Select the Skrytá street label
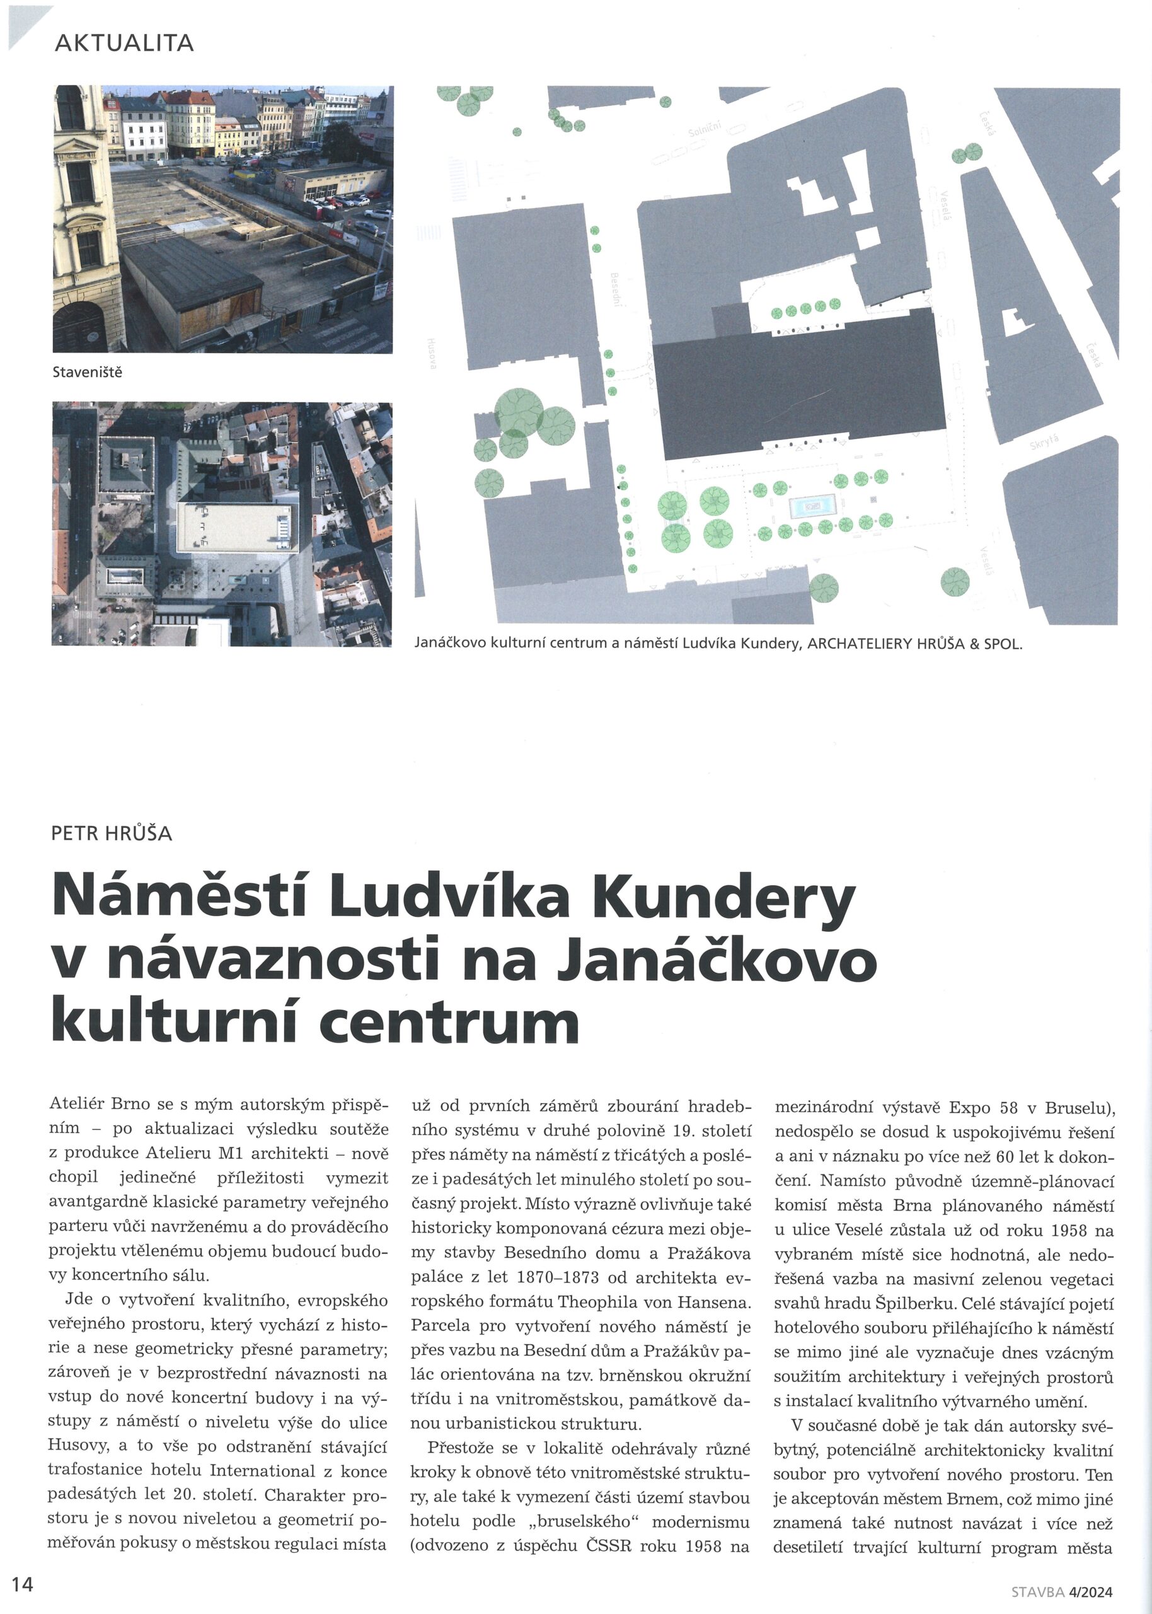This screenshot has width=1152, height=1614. click(x=1044, y=443)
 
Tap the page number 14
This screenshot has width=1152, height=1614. click(x=22, y=1584)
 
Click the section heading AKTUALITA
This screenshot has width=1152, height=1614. click(x=124, y=44)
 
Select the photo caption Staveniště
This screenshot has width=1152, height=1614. click(x=87, y=373)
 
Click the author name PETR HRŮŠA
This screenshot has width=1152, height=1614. click(x=112, y=833)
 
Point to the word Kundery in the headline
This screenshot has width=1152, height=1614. click(x=723, y=898)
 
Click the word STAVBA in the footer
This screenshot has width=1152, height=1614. click(x=1038, y=1592)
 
